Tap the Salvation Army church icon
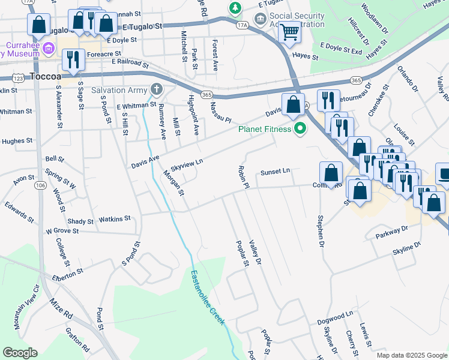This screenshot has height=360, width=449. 157,90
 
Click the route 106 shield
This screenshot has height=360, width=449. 40,186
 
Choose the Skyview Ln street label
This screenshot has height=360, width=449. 187,162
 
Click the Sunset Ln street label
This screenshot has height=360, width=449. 275,172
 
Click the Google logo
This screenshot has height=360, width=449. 20,353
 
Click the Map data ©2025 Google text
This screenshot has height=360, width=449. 411,355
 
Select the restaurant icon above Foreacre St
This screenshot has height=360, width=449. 71,60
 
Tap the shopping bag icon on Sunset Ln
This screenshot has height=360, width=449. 331,173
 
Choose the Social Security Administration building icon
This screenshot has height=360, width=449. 261,17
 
